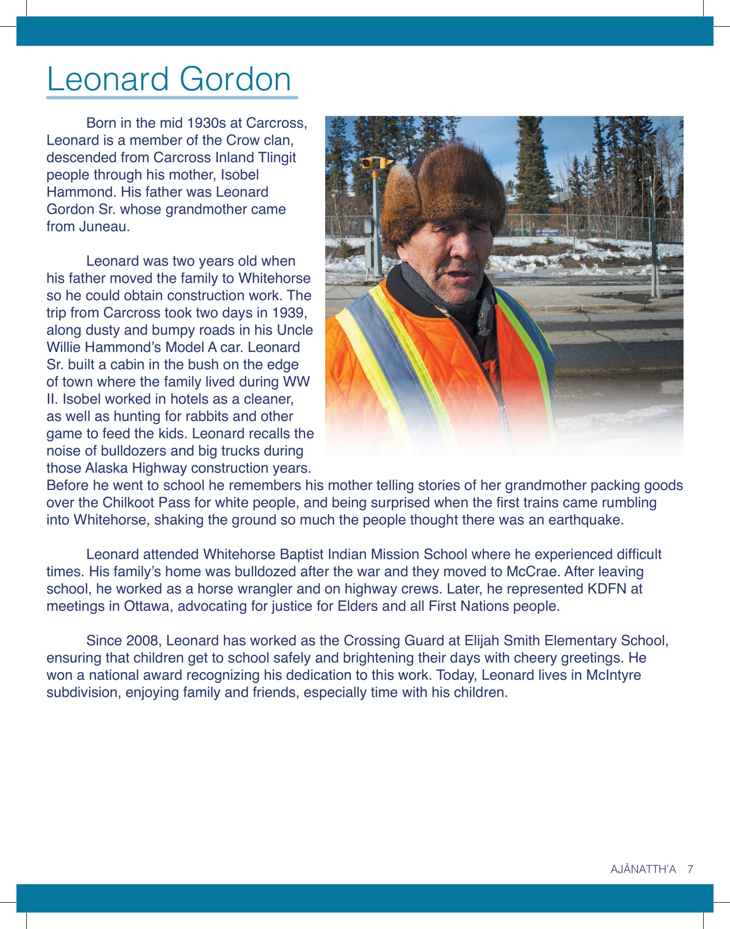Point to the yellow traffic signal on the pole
click(369, 163)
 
